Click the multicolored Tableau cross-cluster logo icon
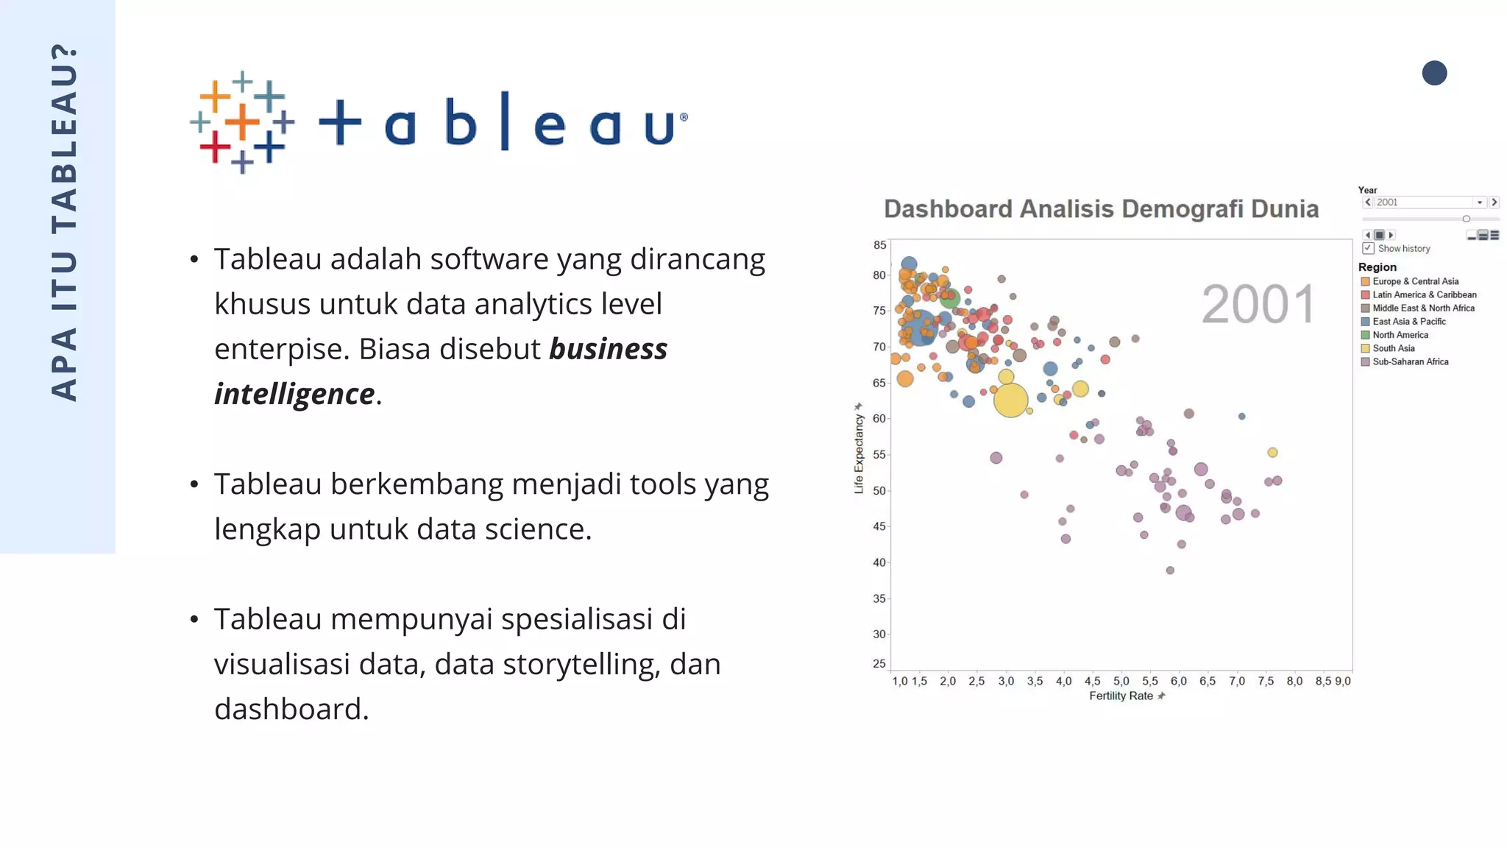tap(242, 122)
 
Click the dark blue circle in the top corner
tap(1434, 73)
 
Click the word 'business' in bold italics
tap(608, 349)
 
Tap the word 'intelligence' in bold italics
tap(294, 394)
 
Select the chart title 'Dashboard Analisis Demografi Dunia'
tap(1101, 209)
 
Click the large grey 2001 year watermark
tap(1258, 304)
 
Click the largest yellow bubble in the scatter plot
tap(1010, 400)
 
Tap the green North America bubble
tap(949, 298)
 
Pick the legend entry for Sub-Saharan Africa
tap(1409, 361)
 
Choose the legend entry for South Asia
tap(1393, 348)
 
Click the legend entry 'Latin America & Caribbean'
tap(1423, 294)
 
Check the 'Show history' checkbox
tap(1369, 249)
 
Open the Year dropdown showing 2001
tap(1479, 202)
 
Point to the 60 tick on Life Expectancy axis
tap(879, 419)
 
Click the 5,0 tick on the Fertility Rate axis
tap(1121, 682)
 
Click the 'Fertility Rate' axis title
tap(1121, 696)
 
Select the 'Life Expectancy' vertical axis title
tap(859, 453)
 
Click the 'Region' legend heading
tap(1377, 267)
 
